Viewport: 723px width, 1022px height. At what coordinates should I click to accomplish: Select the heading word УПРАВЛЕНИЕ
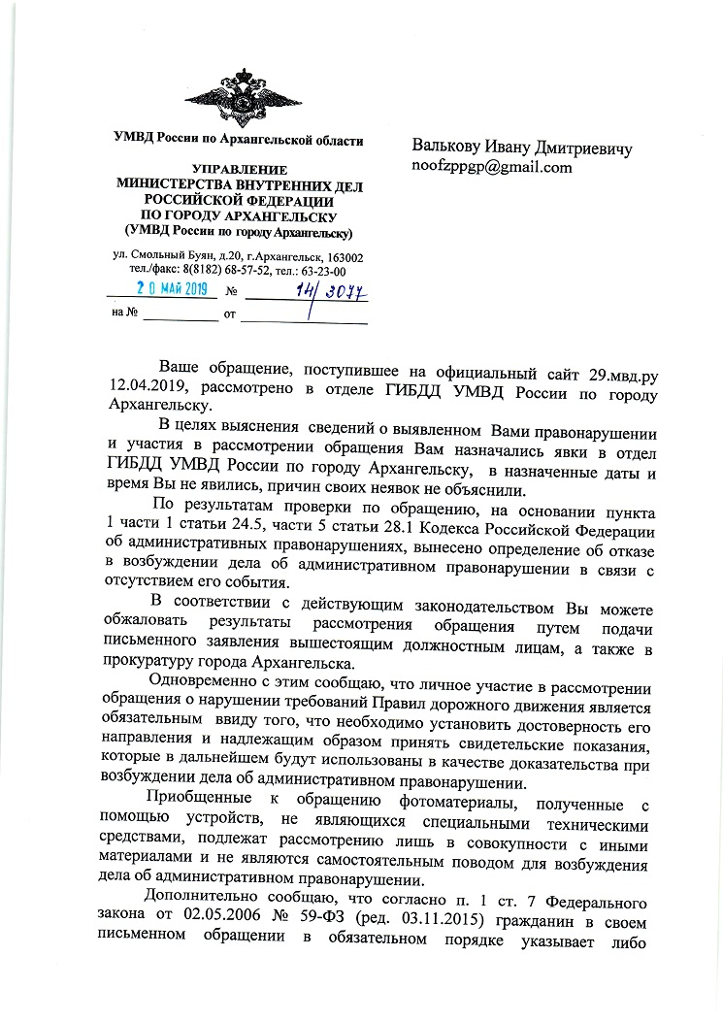coord(237,169)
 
